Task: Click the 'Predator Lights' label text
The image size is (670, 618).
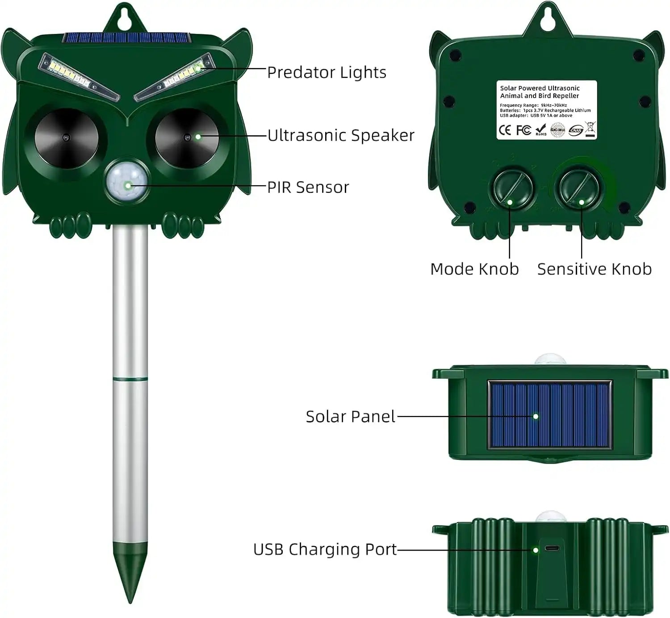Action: pos(327,72)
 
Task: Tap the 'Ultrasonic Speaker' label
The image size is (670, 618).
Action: pos(341,135)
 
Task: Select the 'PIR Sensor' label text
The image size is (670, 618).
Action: pos(308,188)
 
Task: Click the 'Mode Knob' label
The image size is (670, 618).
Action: pos(474,269)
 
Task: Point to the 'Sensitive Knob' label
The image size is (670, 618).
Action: pos(594,269)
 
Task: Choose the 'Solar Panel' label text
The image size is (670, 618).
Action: pos(350,417)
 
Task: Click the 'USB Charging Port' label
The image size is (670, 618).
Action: pos(325,549)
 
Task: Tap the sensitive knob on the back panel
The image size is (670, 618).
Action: pos(580,188)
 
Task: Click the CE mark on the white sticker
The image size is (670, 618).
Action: pos(505,130)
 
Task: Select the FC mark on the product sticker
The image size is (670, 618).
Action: pos(523,130)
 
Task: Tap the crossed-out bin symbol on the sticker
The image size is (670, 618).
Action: pos(590,129)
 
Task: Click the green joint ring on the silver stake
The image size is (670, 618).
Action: pos(130,379)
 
